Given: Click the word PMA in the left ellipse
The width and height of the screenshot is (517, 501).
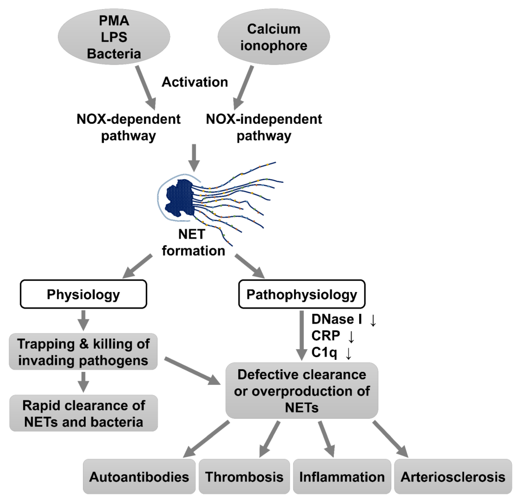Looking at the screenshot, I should pos(114,20).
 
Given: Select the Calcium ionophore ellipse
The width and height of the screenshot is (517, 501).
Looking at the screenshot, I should pos(274,37).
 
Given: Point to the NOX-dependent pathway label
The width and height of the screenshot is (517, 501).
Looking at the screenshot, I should pos(128,127).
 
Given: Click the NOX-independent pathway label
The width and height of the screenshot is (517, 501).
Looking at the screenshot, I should pos(264,127).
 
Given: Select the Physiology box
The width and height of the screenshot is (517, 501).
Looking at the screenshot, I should pos(83,294).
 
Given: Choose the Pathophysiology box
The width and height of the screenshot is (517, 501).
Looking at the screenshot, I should pos(302,294).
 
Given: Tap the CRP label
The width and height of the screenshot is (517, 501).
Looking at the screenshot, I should pos(326,336).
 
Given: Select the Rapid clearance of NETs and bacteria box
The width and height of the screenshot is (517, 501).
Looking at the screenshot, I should pos(83,413).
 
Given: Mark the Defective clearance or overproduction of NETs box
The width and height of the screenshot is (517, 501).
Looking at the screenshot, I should pos(302,391).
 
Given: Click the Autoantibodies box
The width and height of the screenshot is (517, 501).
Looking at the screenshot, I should pos(139,477).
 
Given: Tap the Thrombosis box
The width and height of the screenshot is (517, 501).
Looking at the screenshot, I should pos(244,477).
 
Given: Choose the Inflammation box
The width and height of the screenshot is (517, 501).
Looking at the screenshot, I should pos(342,477).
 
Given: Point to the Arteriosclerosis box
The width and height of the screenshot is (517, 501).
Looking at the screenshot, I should pos(453,477).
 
